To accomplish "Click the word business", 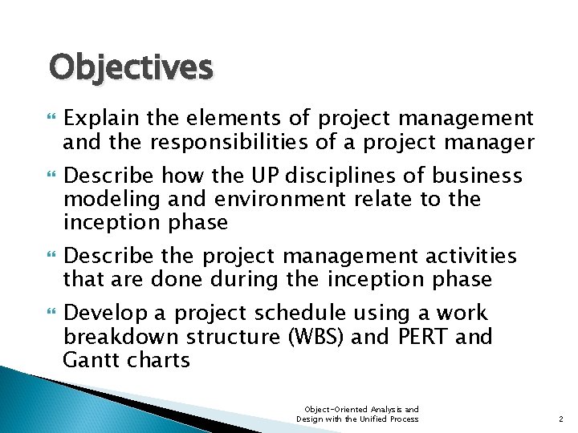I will pos(478,176).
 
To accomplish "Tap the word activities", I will pos(470,256).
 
